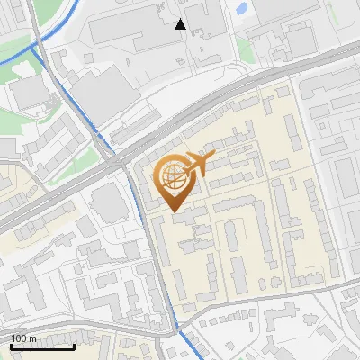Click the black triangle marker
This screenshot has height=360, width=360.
click(x=181, y=24)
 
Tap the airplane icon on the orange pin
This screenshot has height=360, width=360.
click(x=197, y=164)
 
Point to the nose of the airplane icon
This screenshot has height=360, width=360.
click(x=213, y=157)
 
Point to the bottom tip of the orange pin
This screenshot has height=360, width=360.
click(x=173, y=211)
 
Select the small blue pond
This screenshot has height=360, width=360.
click(x=241, y=9)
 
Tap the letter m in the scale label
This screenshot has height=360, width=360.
click(x=33, y=338)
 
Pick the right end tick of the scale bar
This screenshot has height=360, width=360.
click(x=74, y=346)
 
